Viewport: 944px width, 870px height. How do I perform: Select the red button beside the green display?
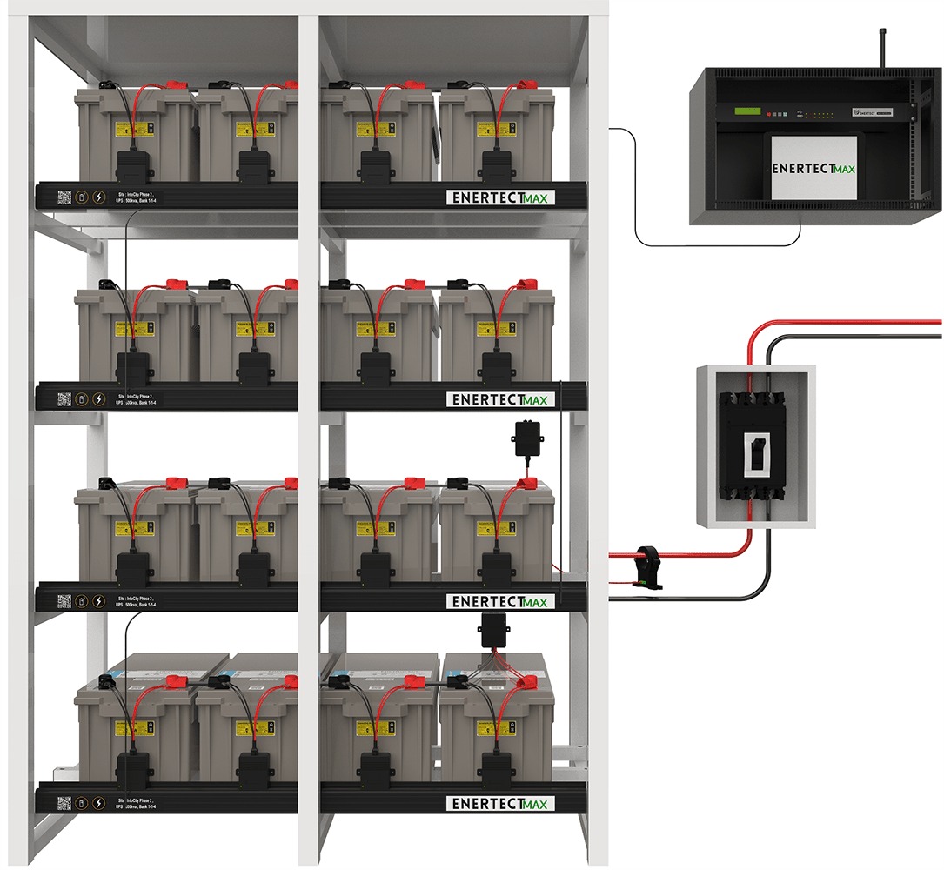click(x=770, y=112)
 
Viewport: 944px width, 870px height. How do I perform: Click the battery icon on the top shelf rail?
click(x=82, y=197)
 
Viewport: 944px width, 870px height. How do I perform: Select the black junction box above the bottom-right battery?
click(x=494, y=630)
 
